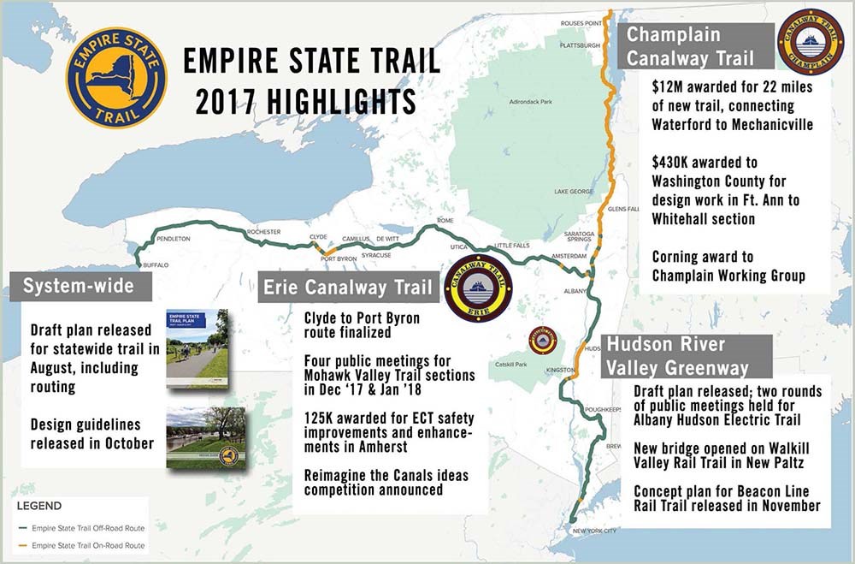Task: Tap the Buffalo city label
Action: pyautogui.click(x=155, y=265)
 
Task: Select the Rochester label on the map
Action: pyautogui.click(x=263, y=232)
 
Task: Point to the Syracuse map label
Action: pyautogui.click(x=376, y=255)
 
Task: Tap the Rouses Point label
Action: pyautogui.click(x=582, y=23)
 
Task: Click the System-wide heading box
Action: pyautogui.click(x=78, y=286)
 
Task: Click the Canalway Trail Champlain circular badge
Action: pyautogui.click(x=811, y=39)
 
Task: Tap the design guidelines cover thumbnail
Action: pyautogui.click(x=206, y=436)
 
